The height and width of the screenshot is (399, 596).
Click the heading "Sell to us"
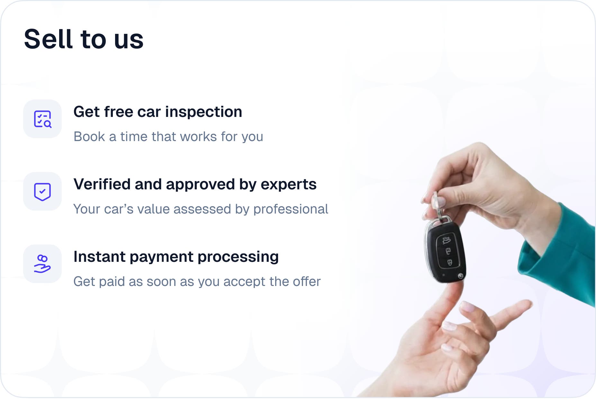tap(84, 39)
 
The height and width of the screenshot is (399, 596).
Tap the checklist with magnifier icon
tap(43, 119)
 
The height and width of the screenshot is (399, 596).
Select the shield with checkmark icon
tap(42, 192)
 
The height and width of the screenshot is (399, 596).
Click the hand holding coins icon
tap(42, 264)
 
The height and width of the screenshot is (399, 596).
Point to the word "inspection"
tap(203, 112)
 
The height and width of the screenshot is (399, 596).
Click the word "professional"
tap(291, 210)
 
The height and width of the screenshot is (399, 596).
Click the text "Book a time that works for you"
tap(168, 137)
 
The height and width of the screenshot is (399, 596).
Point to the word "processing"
tap(238, 257)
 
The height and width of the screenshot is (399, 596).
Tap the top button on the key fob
tap(446, 240)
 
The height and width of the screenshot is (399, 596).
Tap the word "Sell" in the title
tap(48, 39)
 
